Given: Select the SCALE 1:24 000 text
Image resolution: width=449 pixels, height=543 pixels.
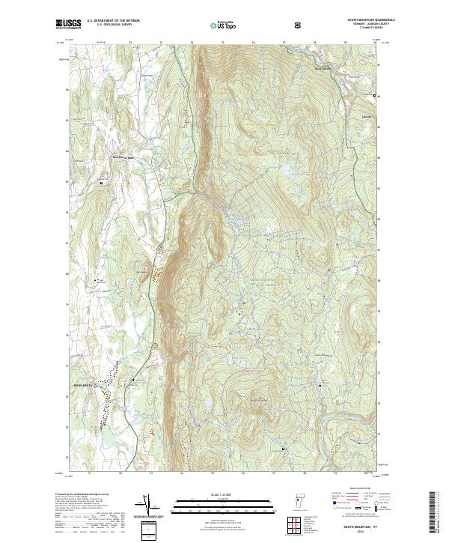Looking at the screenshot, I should click(224, 493).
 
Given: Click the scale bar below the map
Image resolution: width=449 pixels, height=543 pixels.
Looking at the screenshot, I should click(224, 506).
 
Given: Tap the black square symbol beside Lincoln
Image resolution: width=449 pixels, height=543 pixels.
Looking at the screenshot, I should click(375, 97).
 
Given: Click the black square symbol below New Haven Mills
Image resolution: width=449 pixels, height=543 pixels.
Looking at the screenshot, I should click(102, 182).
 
